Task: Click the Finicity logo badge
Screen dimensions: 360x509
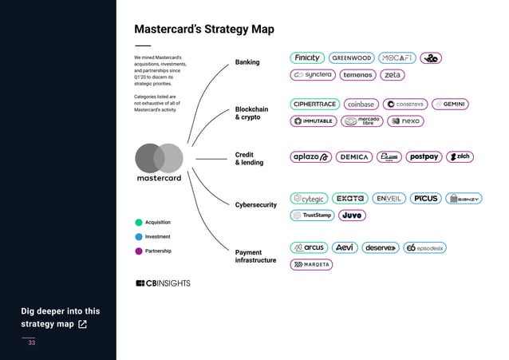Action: (x=306, y=58)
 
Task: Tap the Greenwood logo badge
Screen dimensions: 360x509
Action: (x=351, y=58)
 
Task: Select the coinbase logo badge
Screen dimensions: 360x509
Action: (x=361, y=104)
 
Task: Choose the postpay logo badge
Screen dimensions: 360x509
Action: (x=424, y=156)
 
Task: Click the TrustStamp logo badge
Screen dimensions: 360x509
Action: (x=312, y=215)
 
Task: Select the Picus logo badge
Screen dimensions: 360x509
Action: (x=425, y=198)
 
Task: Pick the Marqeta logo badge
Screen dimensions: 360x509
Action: (x=311, y=264)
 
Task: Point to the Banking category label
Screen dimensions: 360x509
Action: (x=247, y=62)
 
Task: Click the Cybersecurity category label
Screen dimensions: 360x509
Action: (x=256, y=205)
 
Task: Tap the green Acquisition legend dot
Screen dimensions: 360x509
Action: (x=139, y=222)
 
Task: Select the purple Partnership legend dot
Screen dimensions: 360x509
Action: (x=139, y=251)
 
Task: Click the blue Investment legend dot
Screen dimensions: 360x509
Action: (x=139, y=237)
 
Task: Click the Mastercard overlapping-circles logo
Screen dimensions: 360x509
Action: (x=160, y=156)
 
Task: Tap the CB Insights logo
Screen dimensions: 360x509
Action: (x=163, y=283)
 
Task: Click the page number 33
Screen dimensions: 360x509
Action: (x=32, y=342)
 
